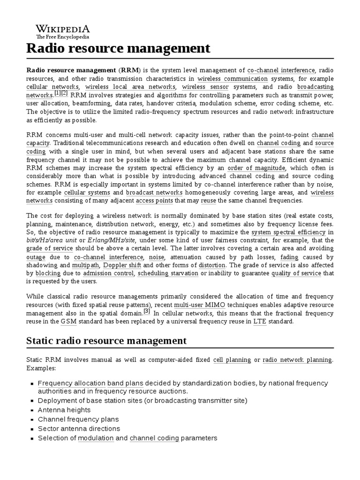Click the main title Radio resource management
point(118,48)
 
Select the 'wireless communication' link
point(232,79)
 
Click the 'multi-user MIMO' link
point(193,305)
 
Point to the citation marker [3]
point(147,311)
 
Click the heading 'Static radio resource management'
point(106,340)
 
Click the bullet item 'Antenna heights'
point(64,410)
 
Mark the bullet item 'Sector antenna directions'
point(79,428)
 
